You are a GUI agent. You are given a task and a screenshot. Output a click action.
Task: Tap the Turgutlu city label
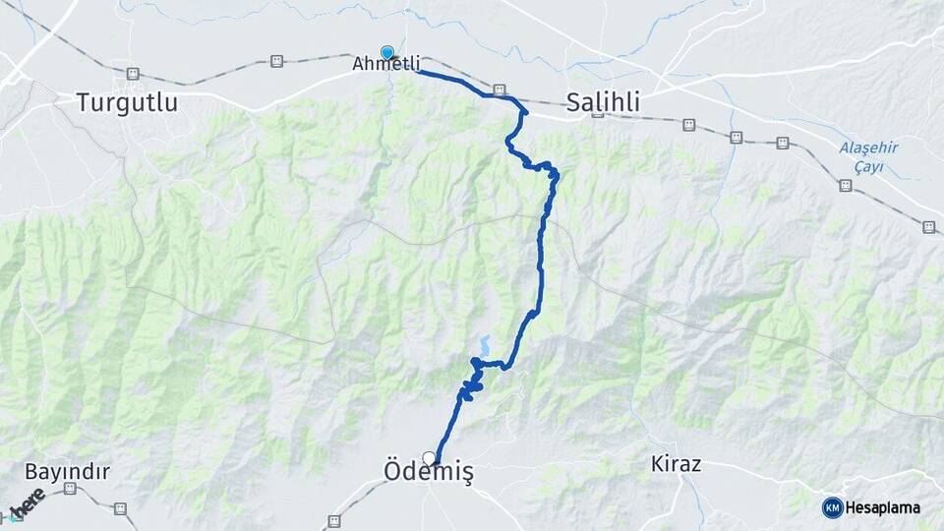coord(129,101)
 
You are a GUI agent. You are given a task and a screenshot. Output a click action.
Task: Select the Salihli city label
coord(603,101)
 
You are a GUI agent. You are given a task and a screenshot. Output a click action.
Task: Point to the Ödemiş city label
coord(428,474)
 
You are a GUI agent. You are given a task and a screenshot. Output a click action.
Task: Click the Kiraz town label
coord(677,464)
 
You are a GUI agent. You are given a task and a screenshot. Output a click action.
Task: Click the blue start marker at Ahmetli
coord(387,53)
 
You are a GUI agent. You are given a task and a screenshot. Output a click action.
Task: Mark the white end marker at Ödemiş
coord(429,457)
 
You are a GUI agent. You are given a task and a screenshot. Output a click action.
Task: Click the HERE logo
coord(27,504)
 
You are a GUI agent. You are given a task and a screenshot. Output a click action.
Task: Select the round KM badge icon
coord(832,507)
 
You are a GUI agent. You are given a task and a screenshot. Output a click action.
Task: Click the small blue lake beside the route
coord(484,345)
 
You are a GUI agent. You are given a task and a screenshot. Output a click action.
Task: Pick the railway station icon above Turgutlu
coord(133,74)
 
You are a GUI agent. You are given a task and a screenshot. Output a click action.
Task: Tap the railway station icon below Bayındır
coord(120,508)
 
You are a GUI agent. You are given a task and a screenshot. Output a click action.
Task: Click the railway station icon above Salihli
coord(500,89)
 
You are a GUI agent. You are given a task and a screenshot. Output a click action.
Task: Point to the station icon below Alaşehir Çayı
coord(845,185)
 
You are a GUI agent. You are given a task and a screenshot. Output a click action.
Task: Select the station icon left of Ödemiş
coord(333,522)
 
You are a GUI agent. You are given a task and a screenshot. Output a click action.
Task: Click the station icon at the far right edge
coord(928,227)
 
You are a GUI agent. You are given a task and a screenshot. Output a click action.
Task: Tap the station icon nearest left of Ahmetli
coord(277,61)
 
